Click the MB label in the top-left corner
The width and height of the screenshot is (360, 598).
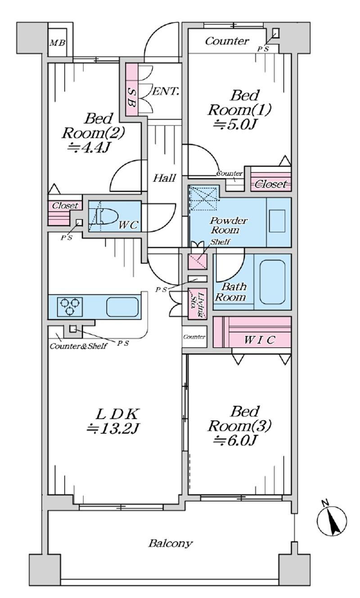[57, 43]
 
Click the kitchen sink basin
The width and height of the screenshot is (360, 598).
[121, 307]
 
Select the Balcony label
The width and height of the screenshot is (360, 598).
[171, 543]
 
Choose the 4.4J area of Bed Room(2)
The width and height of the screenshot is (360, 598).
[92, 148]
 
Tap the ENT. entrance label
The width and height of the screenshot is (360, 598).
[166, 92]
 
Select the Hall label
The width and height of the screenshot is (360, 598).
[164, 178]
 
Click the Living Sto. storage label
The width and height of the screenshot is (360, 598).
[197, 303]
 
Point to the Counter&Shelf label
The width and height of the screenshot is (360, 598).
[78, 346]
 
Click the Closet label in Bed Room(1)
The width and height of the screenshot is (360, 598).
[270, 184]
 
